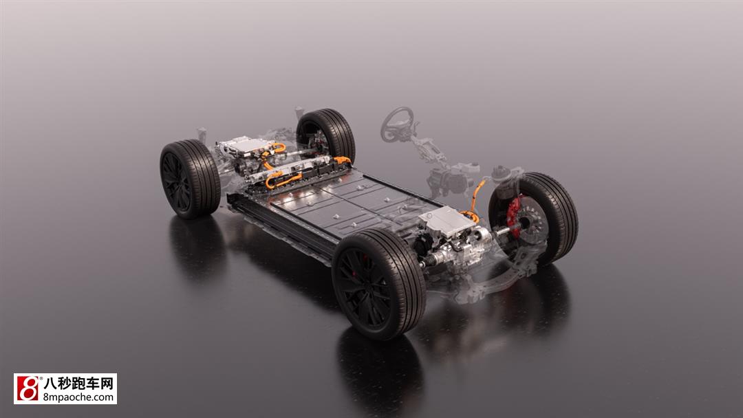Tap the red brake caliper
[x=514, y=216]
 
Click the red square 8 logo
[x=28, y=388]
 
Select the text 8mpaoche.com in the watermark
[x=78, y=397]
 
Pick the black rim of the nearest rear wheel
[x=176, y=181]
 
